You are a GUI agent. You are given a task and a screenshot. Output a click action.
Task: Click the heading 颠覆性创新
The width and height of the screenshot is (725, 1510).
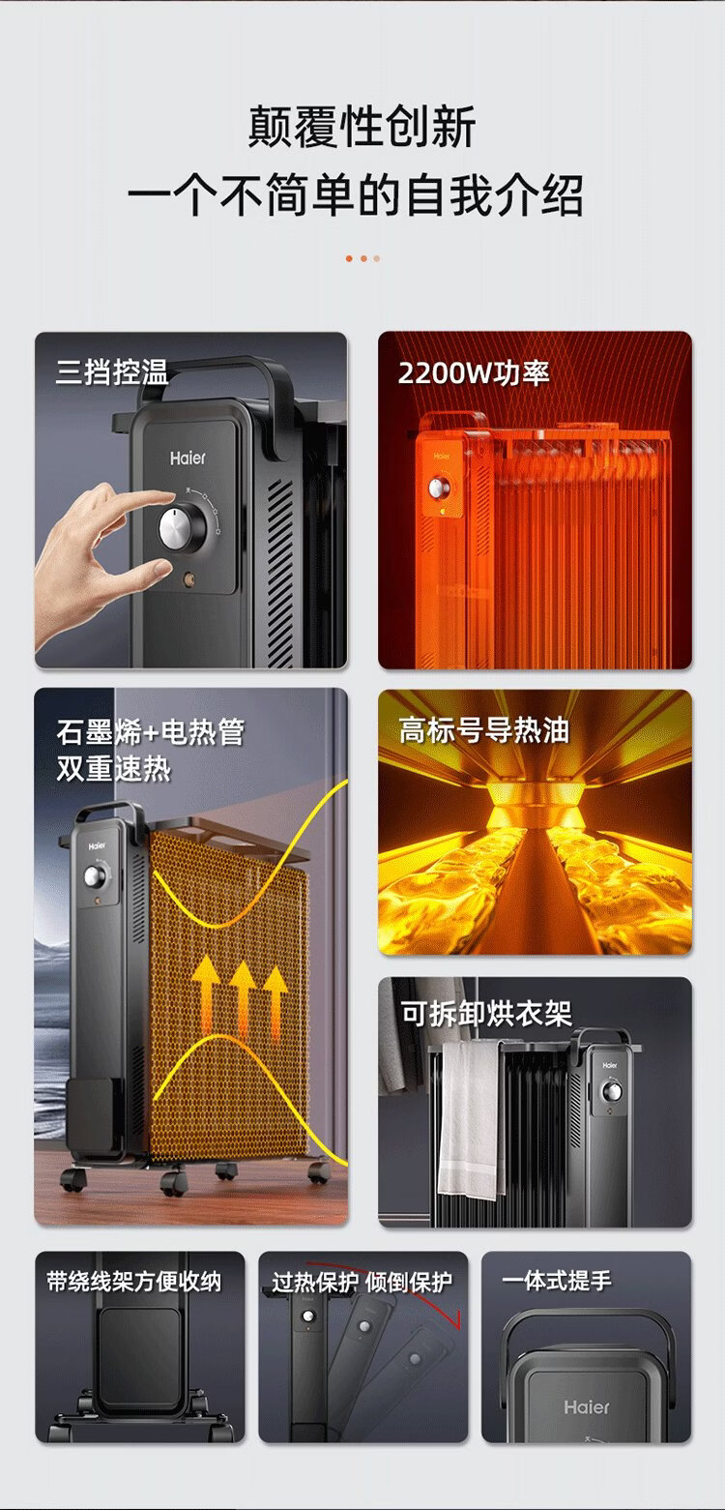[x=362, y=127]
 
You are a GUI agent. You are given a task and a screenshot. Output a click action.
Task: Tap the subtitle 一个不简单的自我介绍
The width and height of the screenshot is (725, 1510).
[x=356, y=195]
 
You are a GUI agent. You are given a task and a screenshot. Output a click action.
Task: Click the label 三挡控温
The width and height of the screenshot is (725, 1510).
[x=112, y=372]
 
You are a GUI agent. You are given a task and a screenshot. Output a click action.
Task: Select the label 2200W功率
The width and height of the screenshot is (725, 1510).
[x=474, y=372]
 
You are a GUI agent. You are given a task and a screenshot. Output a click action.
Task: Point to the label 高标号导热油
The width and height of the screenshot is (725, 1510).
[x=483, y=730]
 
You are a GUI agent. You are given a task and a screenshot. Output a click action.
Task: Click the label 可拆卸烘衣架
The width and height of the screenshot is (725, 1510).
[x=486, y=1013]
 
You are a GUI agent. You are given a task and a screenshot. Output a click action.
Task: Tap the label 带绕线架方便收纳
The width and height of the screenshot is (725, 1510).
[x=134, y=1282]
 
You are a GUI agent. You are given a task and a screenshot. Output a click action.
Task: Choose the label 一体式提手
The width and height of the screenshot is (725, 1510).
[x=557, y=1280]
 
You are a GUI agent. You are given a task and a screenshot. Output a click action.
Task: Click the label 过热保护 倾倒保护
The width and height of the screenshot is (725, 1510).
[x=362, y=1282]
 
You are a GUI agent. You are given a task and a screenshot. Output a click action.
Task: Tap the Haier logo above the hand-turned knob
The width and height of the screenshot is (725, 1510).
[x=188, y=459]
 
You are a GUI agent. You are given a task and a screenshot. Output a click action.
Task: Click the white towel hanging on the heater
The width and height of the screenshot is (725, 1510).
[x=471, y=1118]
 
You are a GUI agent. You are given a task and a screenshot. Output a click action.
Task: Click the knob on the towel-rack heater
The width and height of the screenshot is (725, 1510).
[x=612, y=1091]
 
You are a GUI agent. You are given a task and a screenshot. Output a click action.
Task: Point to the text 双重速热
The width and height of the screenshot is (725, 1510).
[x=113, y=768]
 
